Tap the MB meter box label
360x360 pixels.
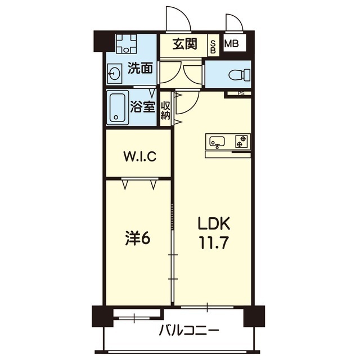tap(231, 44)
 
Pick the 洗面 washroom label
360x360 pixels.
tap(141, 69)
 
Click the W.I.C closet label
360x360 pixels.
tap(139, 156)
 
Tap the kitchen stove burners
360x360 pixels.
tap(241, 141)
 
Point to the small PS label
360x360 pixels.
tap(241, 93)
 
